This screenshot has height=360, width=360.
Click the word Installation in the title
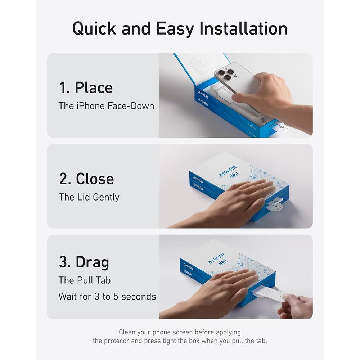[x=243, y=28]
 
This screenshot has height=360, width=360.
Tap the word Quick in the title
[x=94, y=28]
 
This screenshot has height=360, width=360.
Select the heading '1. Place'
[x=86, y=88]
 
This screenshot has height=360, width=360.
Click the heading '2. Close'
[x=86, y=179]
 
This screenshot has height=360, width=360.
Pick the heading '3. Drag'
[x=84, y=262]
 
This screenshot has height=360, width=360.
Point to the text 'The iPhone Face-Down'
[x=106, y=106]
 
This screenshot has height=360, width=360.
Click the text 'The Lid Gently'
[x=89, y=197]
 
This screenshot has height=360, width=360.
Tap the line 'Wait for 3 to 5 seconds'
[x=107, y=297]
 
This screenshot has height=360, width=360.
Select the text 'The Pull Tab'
[x=85, y=280]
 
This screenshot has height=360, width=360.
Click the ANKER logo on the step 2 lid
[x=228, y=171]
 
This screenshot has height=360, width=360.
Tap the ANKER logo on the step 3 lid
[x=217, y=258]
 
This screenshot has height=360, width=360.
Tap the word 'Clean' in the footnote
[x=127, y=332]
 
